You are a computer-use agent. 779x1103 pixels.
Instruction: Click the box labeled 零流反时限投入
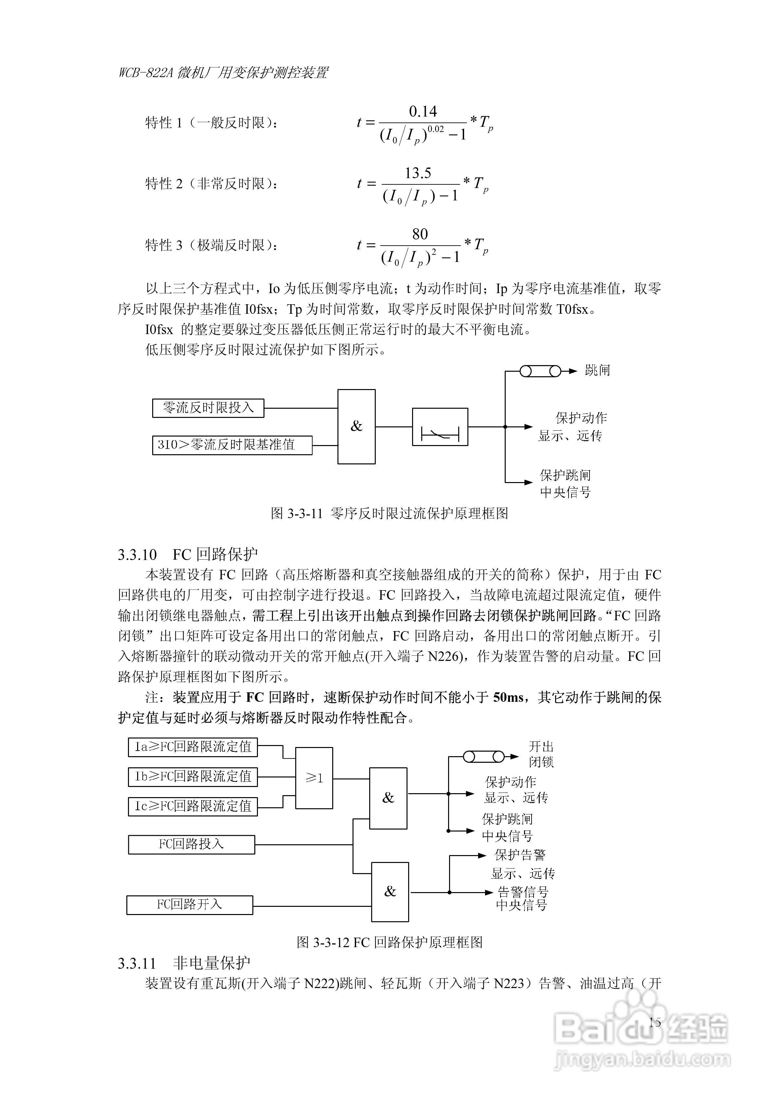pyautogui.click(x=208, y=408)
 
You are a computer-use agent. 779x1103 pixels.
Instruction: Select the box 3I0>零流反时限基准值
pyautogui.click(x=232, y=445)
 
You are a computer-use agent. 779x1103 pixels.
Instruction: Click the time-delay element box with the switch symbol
pyautogui.click(x=440, y=427)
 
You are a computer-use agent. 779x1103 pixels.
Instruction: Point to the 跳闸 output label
pyautogui.click(x=597, y=370)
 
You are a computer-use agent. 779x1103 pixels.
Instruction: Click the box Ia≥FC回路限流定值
pyautogui.click(x=192, y=747)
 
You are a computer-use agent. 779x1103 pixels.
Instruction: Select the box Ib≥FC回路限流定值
pyautogui.click(x=192, y=777)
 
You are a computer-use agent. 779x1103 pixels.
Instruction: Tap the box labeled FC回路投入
pyautogui.click(x=191, y=844)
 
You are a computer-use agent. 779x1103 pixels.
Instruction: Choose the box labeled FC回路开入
pyautogui.click(x=190, y=905)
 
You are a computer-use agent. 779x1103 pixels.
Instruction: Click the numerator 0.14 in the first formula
pyautogui.click(x=423, y=111)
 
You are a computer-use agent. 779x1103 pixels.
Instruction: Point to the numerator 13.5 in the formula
pyautogui.click(x=418, y=173)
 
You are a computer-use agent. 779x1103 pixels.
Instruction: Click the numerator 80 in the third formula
pyautogui.click(x=420, y=234)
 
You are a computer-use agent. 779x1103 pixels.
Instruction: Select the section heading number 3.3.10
pyautogui.click(x=137, y=555)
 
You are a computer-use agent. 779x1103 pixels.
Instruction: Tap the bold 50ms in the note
pyautogui.click(x=508, y=697)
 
